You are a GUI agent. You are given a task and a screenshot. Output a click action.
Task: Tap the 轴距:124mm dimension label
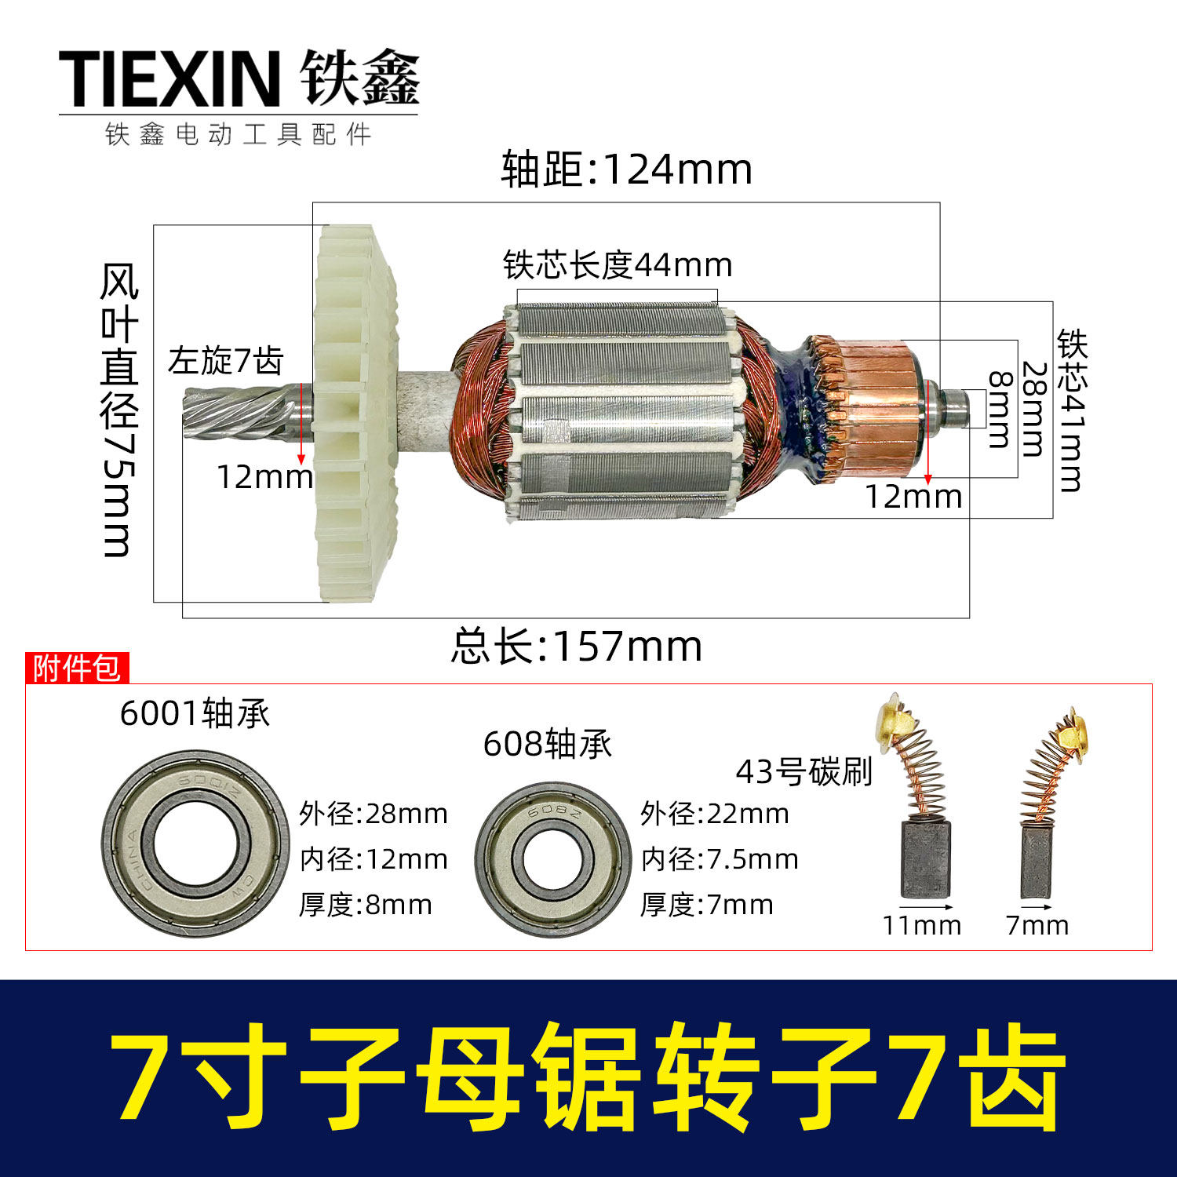click(x=626, y=169)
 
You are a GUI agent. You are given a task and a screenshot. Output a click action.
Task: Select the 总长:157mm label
click(x=576, y=647)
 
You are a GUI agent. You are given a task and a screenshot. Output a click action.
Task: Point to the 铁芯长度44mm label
click(x=618, y=265)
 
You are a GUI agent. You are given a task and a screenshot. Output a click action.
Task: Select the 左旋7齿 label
click(x=225, y=361)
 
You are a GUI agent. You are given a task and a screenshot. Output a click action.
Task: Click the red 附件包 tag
click(x=76, y=668)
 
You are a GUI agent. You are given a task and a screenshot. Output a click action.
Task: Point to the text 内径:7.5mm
click(x=719, y=859)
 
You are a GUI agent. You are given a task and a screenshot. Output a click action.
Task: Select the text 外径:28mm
click(x=373, y=814)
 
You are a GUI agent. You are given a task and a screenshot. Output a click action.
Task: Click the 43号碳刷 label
click(x=803, y=772)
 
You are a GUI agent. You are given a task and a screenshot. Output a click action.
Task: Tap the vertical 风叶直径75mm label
click(x=119, y=410)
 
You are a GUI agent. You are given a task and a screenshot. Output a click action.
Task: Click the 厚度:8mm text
click(x=365, y=905)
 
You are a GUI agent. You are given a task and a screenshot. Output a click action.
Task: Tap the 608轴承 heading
click(x=547, y=744)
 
